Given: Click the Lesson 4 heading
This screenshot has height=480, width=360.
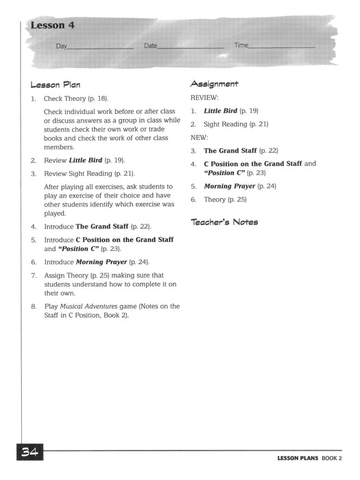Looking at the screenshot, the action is (52, 26).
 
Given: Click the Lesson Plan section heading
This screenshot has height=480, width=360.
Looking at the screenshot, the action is (56, 85).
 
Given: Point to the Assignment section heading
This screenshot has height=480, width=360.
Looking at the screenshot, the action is (214, 84).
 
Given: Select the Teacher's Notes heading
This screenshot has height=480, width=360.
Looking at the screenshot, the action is (224, 222).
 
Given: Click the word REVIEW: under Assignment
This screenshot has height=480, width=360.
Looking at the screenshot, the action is (204, 97).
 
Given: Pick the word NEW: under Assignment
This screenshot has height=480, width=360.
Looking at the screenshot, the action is (198, 137).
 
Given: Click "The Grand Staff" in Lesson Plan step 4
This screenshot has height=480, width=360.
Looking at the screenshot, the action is (101, 226).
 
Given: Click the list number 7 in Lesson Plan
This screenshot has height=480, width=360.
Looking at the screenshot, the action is (33, 275).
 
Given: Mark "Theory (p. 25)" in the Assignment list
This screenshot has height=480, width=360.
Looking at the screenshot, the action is (225, 200).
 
